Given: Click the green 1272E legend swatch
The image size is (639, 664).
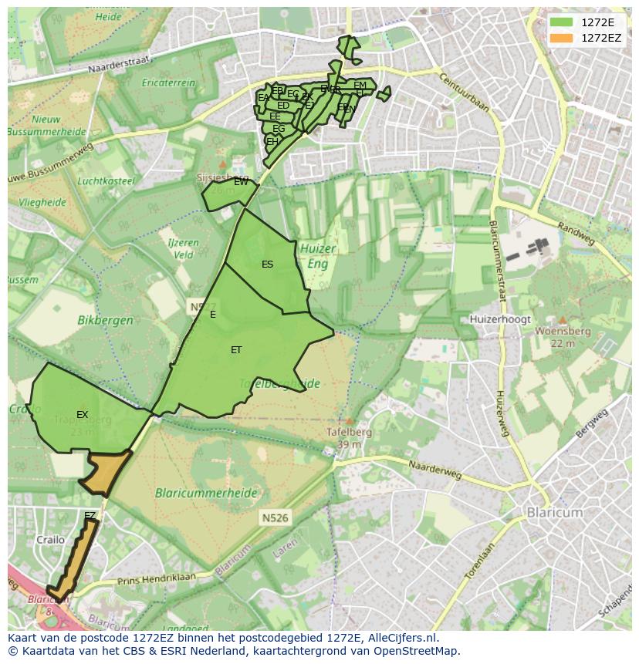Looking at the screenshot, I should pyautogui.click(x=561, y=22).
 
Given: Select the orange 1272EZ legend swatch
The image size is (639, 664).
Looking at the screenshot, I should pyautogui.click(x=561, y=38).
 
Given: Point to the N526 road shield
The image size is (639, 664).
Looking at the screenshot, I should pyautogui.click(x=275, y=517).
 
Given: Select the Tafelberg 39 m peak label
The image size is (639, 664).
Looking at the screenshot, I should pyautogui.click(x=350, y=437).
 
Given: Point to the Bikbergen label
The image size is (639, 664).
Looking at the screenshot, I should pyautogui.click(x=105, y=319).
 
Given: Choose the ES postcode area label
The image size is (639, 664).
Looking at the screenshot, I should pyautogui.click(x=267, y=265).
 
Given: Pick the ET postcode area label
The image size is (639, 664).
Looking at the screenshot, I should pyautogui.click(x=236, y=350).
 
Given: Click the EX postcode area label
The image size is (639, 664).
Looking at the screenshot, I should pyautogui.click(x=82, y=415).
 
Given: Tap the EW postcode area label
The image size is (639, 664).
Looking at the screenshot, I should pyautogui.click(x=241, y=182).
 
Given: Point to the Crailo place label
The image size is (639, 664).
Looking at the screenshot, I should pyautogui.click(x=51, y=540).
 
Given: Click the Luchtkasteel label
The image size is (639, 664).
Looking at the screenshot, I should pyautogui.click(x=106, y=181).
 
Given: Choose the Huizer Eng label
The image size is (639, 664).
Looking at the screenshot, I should pyautogui.click(x=317, y=255).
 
